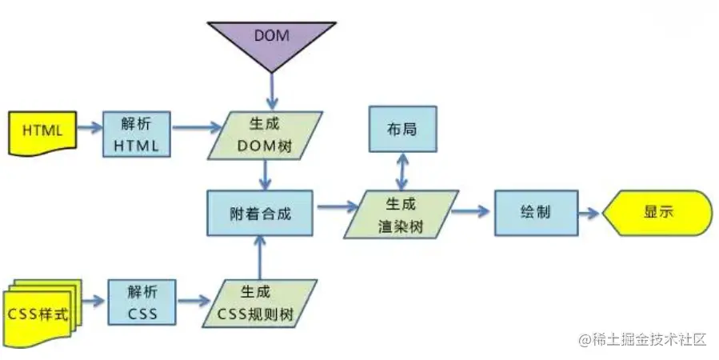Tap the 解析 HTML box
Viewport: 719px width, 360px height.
136,134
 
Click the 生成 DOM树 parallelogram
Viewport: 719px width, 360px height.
267,134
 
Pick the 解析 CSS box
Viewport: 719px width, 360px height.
142,302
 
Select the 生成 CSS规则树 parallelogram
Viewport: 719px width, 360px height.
258,303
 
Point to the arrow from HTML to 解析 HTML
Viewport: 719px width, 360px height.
90,128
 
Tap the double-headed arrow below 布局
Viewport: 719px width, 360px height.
403,170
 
